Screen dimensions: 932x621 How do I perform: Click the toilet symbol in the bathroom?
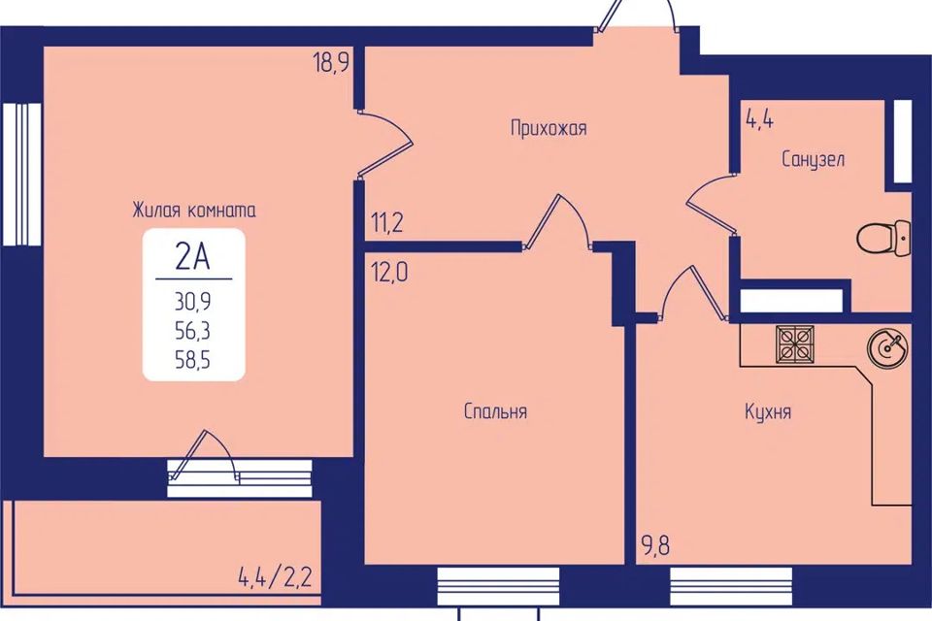[x=883, y=238]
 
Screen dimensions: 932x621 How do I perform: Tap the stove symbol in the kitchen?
[x=795, y=344]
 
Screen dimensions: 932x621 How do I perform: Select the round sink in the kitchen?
[x=887, y=348]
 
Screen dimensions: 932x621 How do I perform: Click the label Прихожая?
[x=549, y=128]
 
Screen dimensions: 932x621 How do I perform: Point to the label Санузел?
[x=814, y=159]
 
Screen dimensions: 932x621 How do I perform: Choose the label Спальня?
[x=495, y=411]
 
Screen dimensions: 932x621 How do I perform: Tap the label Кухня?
[x=768, y=411]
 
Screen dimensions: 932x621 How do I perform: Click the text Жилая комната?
[x=194, y=211]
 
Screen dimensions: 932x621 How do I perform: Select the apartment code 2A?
[x=193, y=257]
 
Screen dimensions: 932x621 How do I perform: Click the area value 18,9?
[x=330, y=62]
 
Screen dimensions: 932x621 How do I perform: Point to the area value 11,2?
[x=387, y=223]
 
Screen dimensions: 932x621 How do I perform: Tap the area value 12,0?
[x=389, y=272]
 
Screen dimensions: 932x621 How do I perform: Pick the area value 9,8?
[x=655, y=545]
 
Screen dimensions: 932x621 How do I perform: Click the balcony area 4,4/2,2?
[x=275, y=577]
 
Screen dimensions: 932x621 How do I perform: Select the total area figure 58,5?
[x=192, y=361]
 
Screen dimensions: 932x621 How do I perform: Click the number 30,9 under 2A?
[x=192, y=303]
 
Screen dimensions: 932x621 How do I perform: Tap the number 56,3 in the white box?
[x=192, y=332]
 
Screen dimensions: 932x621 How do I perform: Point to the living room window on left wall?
[x=22, y=174]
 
